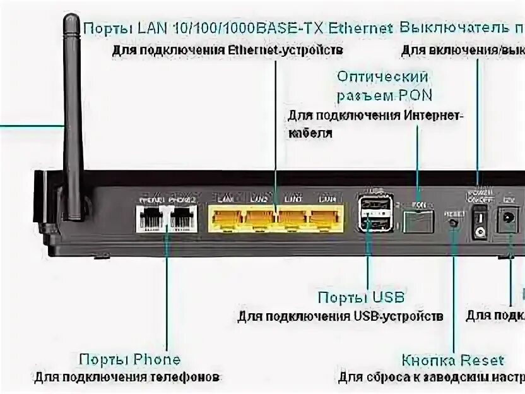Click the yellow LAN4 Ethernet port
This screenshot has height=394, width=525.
pyautogui.click(x=325, y=218)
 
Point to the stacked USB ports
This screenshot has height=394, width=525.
pyautogui.click(x=374, y=214)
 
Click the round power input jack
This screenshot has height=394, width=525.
pyautogui.click(x=506, y=220)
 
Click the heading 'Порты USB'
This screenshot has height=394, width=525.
pyautogui.click(x=361, y=297)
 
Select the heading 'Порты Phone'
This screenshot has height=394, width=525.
pyautogui.click(x=129, y=360)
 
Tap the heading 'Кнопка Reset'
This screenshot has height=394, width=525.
pyautogui.click(x=453, y=361)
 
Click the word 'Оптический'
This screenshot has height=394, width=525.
pyautogui.click(x=382, y=77)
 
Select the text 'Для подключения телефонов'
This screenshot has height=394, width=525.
pyautogui.click(x=127, y=378)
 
